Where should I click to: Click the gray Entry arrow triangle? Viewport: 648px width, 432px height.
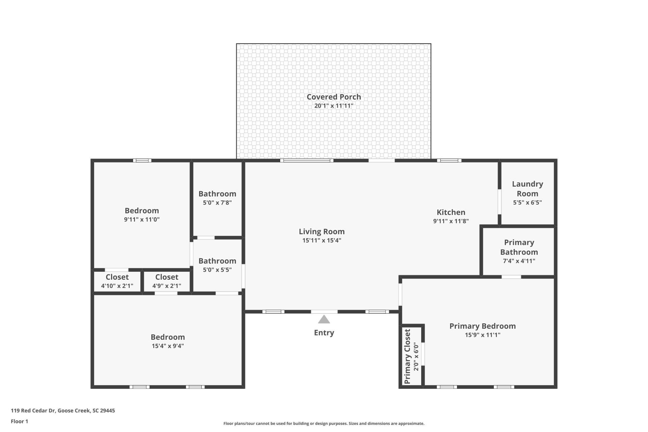click(x=324, y=320)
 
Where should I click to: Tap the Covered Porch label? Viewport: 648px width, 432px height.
click(x=333, y=97)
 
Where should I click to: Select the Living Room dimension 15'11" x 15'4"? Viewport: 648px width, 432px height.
click(x=322, y=240)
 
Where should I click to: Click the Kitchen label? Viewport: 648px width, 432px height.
click(x=451, y=212)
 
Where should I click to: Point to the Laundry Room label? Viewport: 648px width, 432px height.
click(x=527, y=189)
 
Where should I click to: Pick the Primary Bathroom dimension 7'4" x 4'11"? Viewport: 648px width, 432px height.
click(x=519, y=261)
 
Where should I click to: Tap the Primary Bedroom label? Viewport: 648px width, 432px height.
click(x=482, y=326)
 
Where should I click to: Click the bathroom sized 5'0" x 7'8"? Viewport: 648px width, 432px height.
click(x=217, y=198)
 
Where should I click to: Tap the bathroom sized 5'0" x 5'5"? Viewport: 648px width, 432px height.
click(x=217, y=265)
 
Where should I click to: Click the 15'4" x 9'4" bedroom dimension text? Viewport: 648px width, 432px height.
click(x=168, y=346)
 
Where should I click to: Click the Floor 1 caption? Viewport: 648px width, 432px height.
click(x=19, y=421)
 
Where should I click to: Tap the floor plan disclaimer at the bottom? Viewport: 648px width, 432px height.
click(x=324, y=424)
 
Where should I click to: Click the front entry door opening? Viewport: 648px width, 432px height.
click(x=324, y=312)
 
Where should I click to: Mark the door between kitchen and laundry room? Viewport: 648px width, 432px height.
click(x=500, y=202)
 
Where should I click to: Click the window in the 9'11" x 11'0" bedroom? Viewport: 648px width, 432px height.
click(x=142, y=161)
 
